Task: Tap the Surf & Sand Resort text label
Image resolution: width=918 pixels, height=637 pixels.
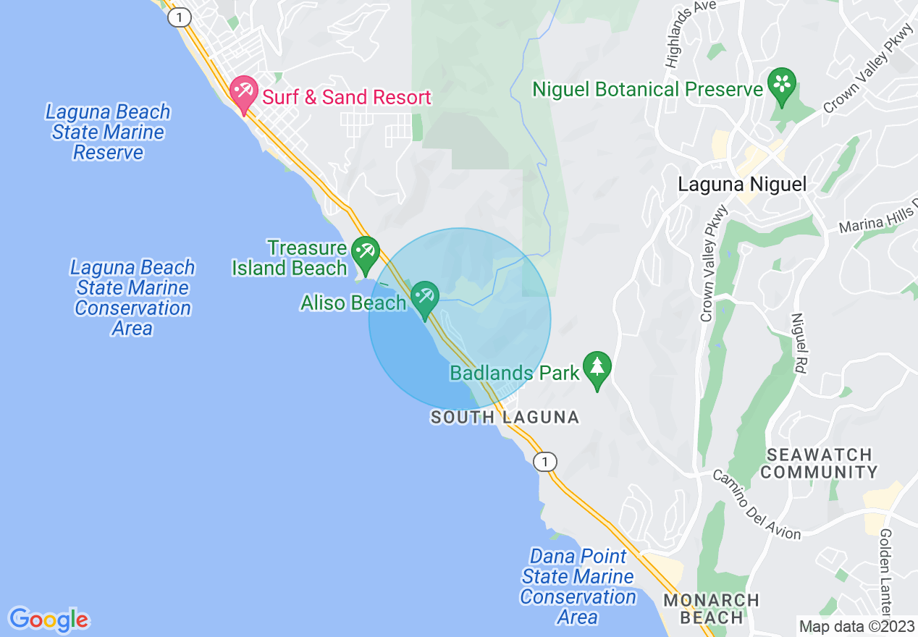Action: [347, 97]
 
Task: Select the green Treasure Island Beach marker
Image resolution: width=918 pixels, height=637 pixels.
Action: [365, 252]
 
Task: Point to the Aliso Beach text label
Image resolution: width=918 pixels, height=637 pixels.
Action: [353, 303]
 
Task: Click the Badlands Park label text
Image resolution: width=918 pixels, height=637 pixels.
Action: [515, 373]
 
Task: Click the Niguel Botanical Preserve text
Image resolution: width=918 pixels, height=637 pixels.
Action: [648, 89]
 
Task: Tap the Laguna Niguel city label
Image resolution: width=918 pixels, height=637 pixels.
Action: [741, 184]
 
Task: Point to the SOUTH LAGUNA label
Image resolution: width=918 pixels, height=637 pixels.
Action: [505, 417]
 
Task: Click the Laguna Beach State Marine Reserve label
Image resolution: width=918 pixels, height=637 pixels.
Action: [108, 132]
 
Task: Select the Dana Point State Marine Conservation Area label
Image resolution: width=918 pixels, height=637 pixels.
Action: [577, 586]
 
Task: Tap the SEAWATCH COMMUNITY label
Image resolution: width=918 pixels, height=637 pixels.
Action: [819, 463]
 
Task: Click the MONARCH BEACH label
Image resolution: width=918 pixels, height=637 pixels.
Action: [711, 609]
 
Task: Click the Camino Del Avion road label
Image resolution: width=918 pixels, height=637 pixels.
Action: [757, 505]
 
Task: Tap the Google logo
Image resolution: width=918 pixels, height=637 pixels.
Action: [49, 620]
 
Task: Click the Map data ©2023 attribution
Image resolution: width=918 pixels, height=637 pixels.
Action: [856, 626]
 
